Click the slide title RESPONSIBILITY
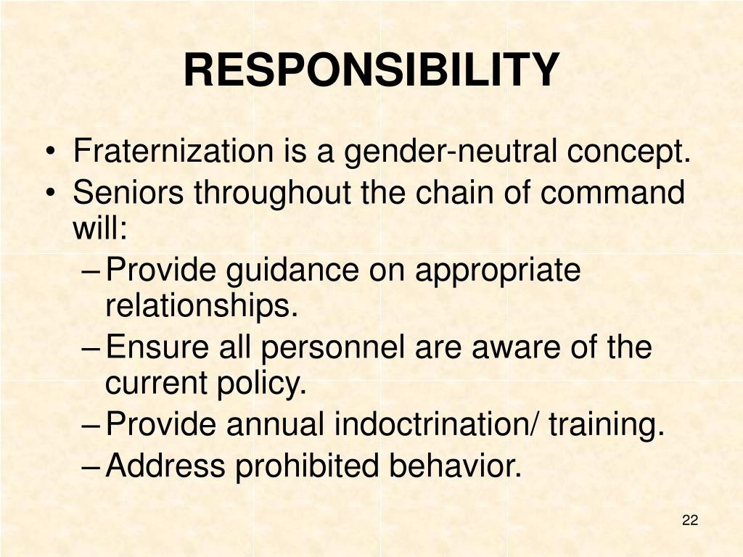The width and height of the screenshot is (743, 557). [x=371, y=70]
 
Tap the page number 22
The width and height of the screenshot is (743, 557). [x=690, y=520]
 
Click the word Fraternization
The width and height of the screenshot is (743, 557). [x=172, y=152]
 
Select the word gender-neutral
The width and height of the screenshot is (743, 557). [x=450, y=152]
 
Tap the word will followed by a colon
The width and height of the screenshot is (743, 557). [x=100, y=231]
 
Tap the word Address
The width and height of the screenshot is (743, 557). [x=165, y=466]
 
